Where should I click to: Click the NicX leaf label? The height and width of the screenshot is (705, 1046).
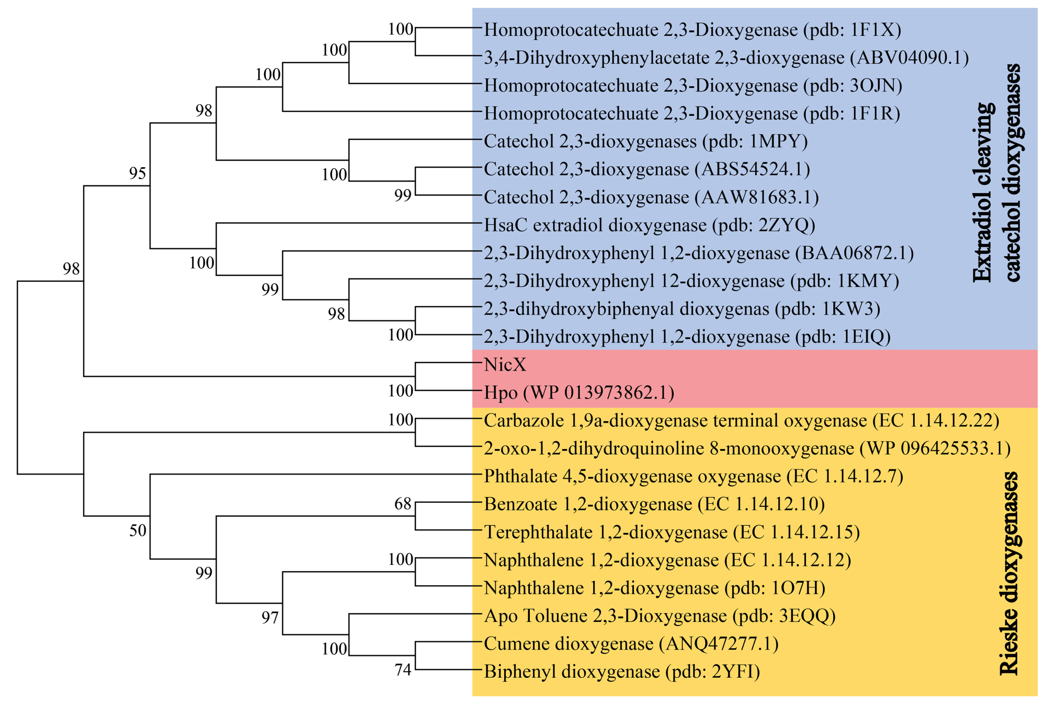[x=505, y=364]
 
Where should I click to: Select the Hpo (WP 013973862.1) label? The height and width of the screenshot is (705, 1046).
[x=579, y=392]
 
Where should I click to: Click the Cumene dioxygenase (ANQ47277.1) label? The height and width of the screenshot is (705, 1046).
[x=631, y=643]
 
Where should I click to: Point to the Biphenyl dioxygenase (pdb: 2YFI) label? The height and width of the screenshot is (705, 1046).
[x=622, y=672]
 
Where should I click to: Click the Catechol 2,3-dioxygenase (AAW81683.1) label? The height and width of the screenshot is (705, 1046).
[x=651, y=197]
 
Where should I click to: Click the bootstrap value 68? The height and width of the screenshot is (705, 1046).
[x=403, y=504]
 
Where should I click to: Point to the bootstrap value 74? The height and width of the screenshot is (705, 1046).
[x=403, y=670]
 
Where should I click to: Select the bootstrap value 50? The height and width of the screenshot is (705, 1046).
[x=138, y=531]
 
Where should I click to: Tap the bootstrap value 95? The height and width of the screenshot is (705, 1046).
[x=138, y=174]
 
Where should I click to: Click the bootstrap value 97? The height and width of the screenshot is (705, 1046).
[x=270, y=618]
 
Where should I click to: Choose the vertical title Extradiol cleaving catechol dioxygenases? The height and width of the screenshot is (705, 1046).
[x=997, y=172]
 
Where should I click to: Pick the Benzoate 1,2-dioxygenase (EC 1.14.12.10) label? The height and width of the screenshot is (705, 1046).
[x=654, y=504]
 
